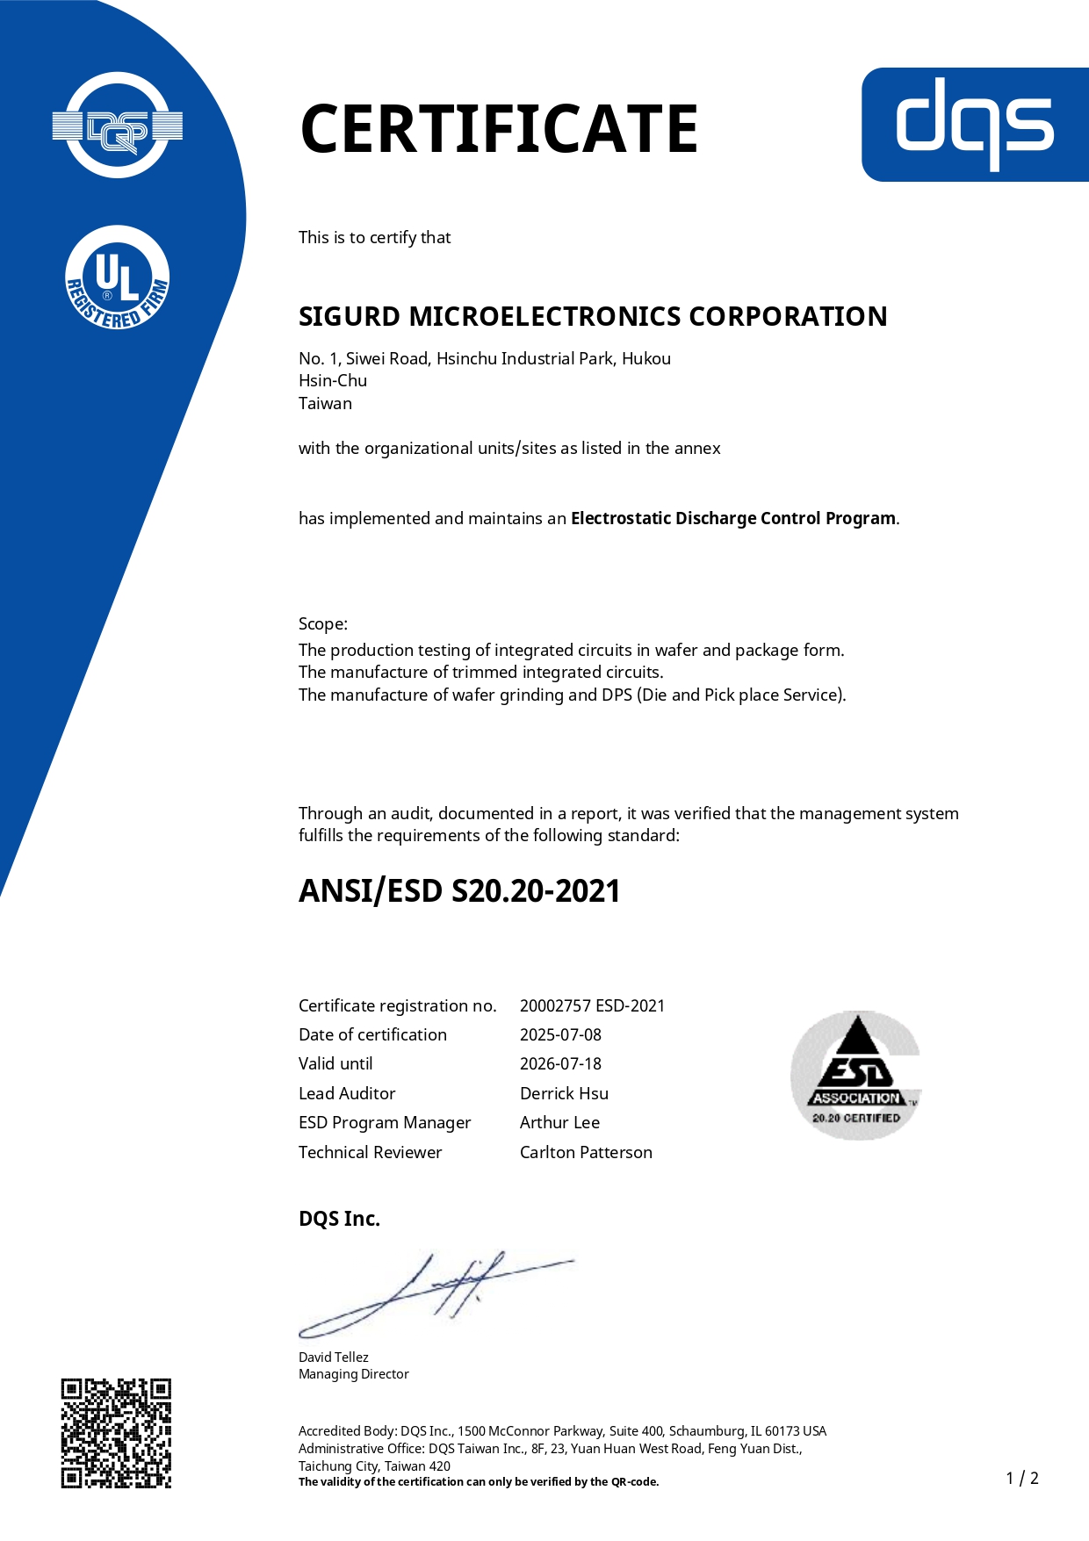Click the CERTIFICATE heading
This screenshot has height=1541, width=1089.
[x=499, y=129]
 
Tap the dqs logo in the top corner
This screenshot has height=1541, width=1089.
[x=975, y=125]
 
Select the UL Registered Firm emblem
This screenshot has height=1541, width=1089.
[x=118, y=277]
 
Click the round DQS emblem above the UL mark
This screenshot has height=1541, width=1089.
[x=118, y=126]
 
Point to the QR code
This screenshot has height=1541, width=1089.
[x=116, y=1433]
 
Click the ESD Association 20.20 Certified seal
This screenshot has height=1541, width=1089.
[x=855, y=1075]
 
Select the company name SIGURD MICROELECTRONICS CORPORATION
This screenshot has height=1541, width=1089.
[x=593, y=316]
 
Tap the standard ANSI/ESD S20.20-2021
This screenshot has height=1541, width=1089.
[x=459, y=891]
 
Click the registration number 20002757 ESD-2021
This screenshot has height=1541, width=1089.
[x=592, y=1005]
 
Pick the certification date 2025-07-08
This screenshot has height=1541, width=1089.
[x=560, y=1034]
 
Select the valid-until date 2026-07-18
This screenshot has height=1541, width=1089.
[x=560, y=1063]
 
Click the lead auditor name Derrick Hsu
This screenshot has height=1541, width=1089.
[x=564, y=1093]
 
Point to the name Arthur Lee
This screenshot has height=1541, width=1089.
[x=559, y=1122]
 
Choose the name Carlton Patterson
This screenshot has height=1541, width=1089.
[x=586, y=1152]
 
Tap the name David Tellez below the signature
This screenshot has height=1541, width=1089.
[x=334, y=1357]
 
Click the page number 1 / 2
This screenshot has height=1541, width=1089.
[x=1022, y=1478]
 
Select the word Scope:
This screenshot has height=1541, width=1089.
[x=323, y=623]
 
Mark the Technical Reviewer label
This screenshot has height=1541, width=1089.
[x=370, y=1152]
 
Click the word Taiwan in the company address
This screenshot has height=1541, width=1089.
[x=325, y=403]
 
